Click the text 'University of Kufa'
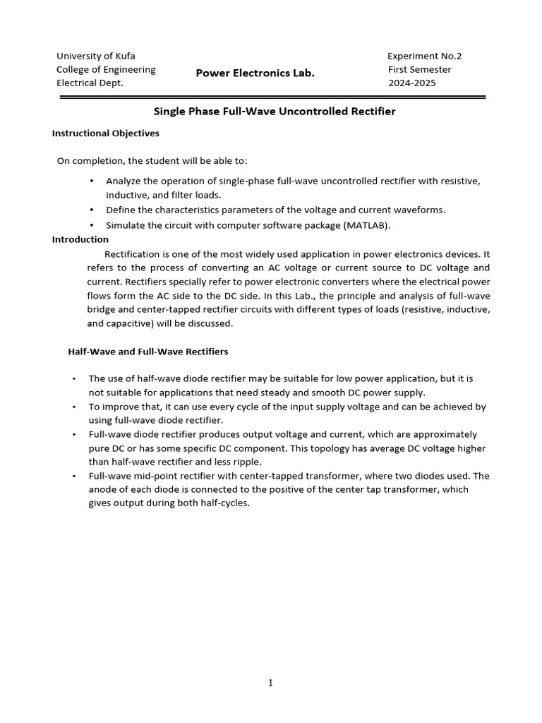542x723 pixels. (x=96, y=56)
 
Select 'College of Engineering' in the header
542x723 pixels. (x=106, y=69)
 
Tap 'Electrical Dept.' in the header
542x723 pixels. (x=90, y=83)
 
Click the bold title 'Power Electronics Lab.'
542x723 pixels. (x=255, y=73)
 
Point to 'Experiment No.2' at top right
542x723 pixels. (x=425, y=56)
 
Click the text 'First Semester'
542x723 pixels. (x=419, y=69)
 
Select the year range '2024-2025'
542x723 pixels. (x=412, y=83)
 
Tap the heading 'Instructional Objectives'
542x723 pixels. (x=106, y=133)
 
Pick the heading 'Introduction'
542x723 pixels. (x=80, y=239)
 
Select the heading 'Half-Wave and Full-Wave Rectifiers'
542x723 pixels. (x=147, y=351)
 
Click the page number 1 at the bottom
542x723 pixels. (x=271, y=683)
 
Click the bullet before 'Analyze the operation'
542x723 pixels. (x=92, y=181)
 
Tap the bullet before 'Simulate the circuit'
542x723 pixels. (x=92, y=225)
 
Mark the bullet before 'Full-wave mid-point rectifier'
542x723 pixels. (x=73, y=476)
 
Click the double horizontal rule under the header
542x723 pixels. (x=272, y=97)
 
